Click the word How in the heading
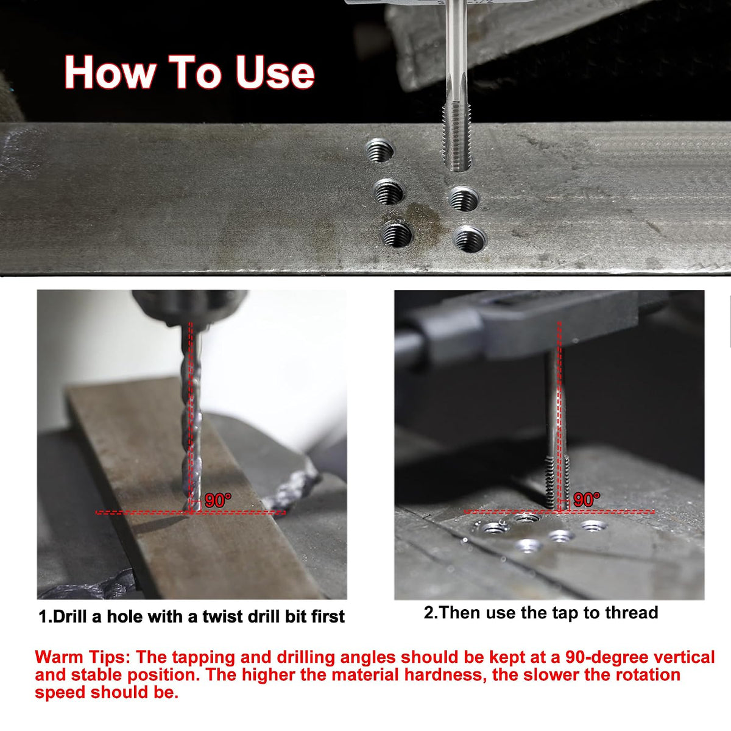(x=110, y=72)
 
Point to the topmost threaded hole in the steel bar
(x=380, y=150)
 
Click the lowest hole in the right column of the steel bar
(x=470, y=239)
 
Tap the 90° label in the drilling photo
(x=217, y=500)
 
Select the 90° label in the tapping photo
(x=587, y=500)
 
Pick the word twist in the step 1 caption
(x=223, y=616)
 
